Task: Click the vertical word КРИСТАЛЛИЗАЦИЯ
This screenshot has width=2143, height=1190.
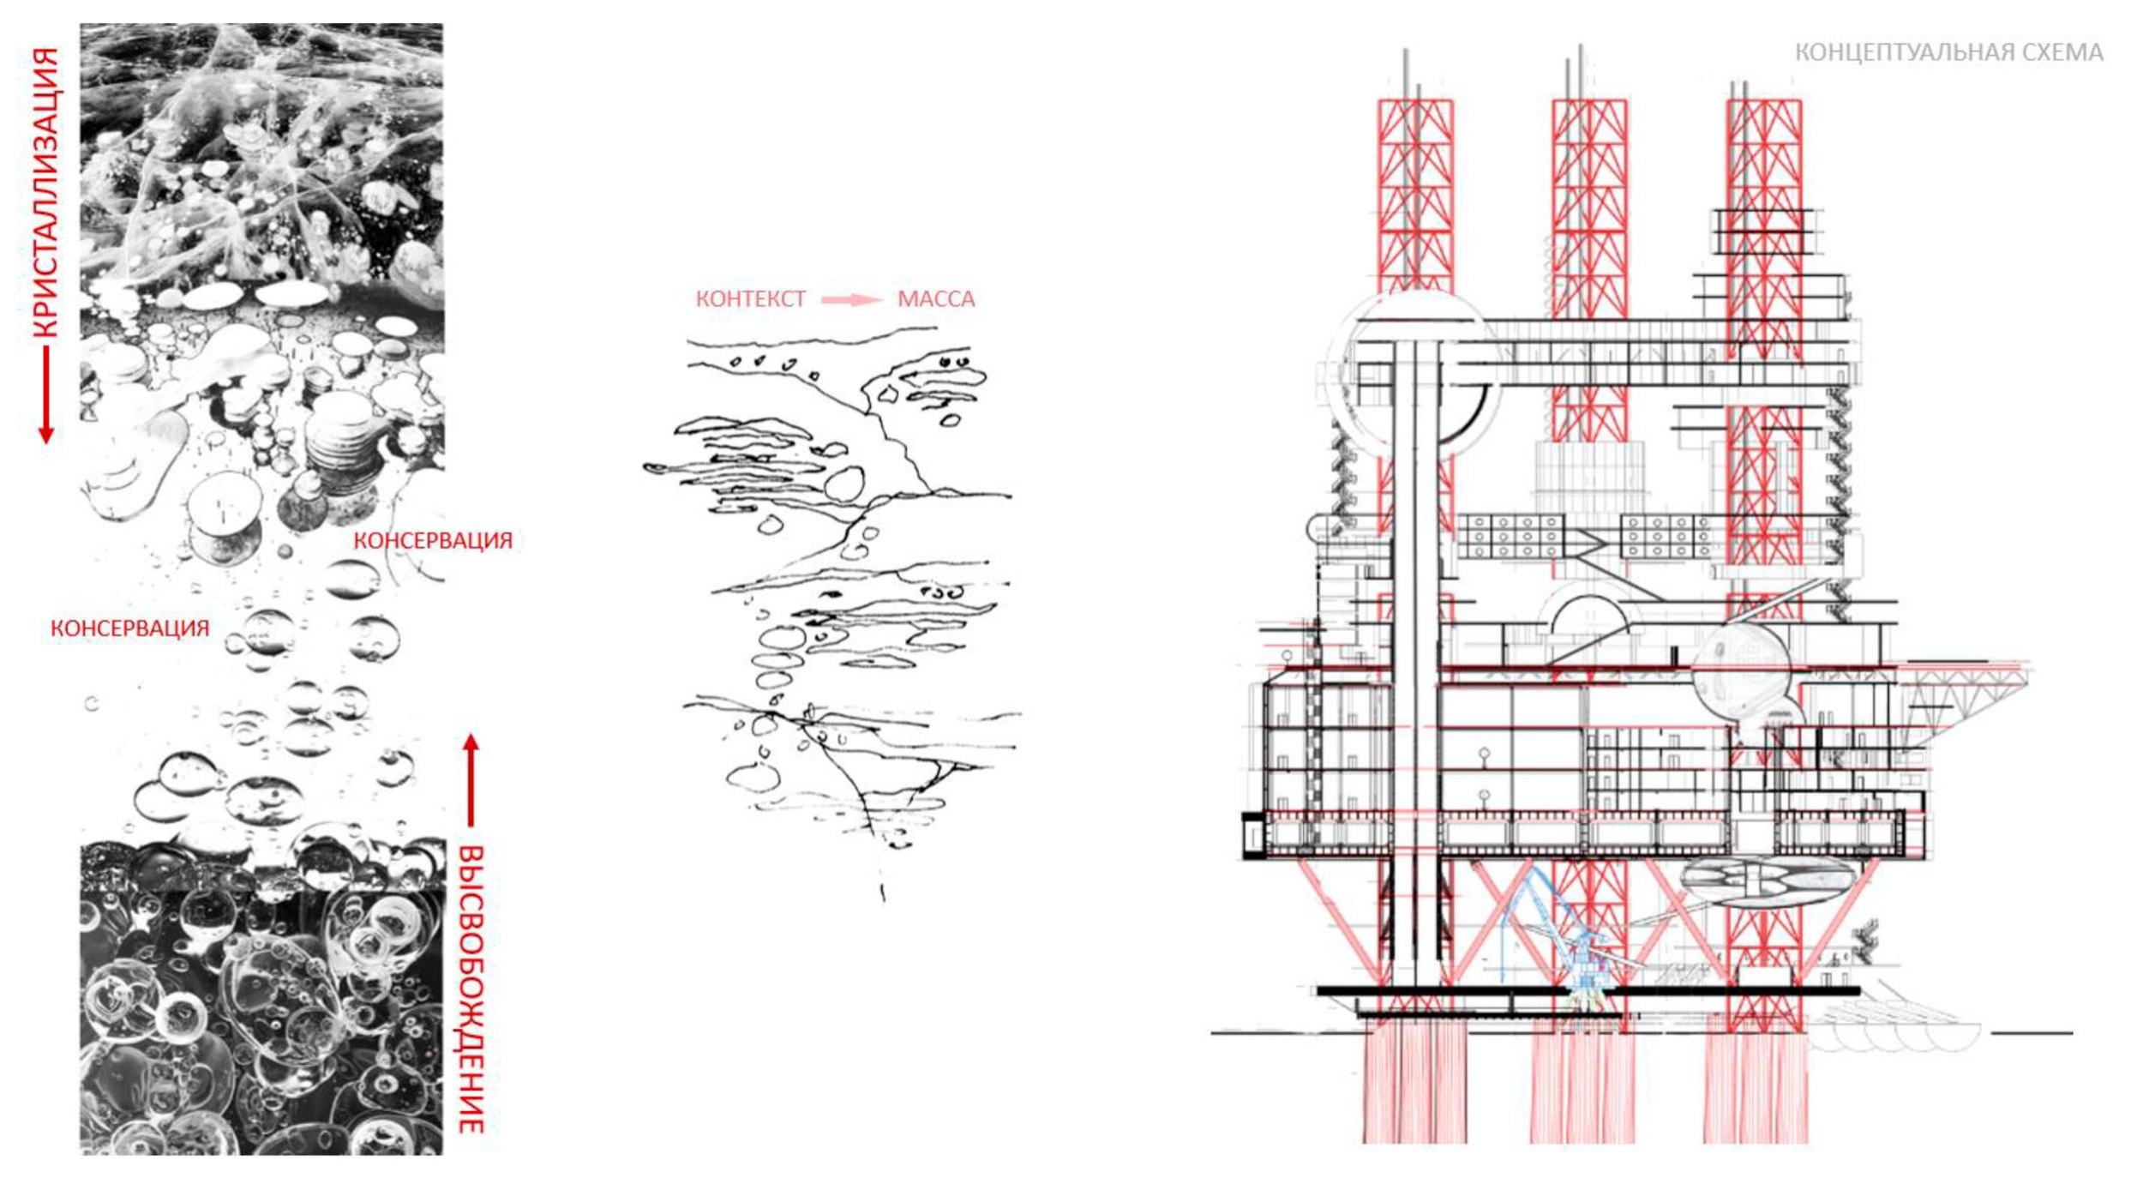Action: [46, 193]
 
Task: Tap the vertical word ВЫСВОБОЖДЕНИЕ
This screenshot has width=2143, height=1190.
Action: [471, 989]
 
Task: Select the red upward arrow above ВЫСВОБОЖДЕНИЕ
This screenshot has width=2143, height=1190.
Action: [471, 780]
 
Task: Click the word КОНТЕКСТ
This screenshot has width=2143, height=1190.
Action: [750, 299]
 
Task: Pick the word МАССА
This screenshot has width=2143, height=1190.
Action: [935, 299]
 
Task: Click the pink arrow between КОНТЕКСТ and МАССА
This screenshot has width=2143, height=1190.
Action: [851, 299]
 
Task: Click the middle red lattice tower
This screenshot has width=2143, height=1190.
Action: [1589, 206]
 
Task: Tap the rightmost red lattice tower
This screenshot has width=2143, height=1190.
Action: [1763, 171]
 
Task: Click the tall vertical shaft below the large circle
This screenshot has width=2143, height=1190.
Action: [1416, 686]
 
